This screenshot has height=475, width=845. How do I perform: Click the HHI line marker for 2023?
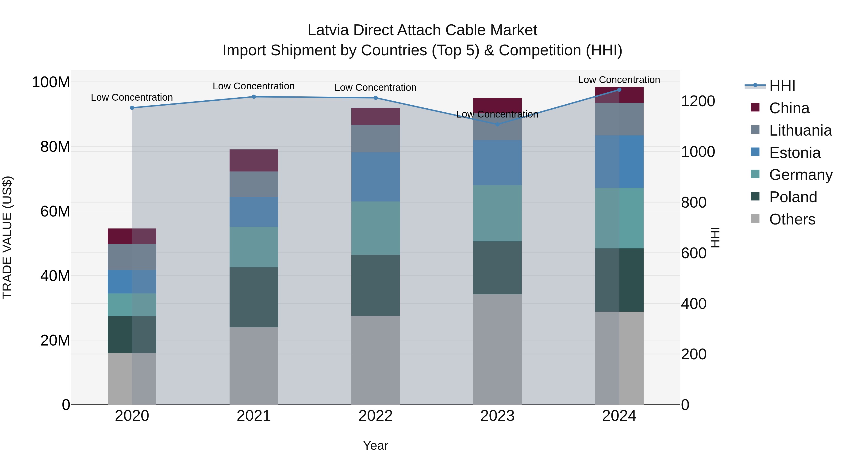point(497,124)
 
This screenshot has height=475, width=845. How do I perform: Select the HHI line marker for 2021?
point(253,97)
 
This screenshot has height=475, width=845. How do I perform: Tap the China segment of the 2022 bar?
point(376,116)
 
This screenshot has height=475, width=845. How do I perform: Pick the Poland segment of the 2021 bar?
point(253,297)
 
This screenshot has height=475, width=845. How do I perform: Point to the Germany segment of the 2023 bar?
point(497,213)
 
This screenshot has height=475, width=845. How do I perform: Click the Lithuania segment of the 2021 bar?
point(253,184)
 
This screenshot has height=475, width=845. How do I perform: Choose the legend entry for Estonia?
point(795,153)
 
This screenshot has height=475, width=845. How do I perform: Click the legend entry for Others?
point(792,219)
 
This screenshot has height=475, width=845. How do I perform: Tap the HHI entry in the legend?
point(782,86)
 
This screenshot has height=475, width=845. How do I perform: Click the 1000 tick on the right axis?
point(698,152)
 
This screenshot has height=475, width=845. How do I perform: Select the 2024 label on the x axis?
point(619,416)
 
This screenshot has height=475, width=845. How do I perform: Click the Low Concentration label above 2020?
point(132,97)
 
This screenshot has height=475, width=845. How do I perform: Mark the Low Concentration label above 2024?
point(619,80)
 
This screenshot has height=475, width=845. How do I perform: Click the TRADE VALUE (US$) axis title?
point(7,237)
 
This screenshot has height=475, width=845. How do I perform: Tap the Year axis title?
point(376,445)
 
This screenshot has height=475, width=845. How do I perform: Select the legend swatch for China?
point(755,107)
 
